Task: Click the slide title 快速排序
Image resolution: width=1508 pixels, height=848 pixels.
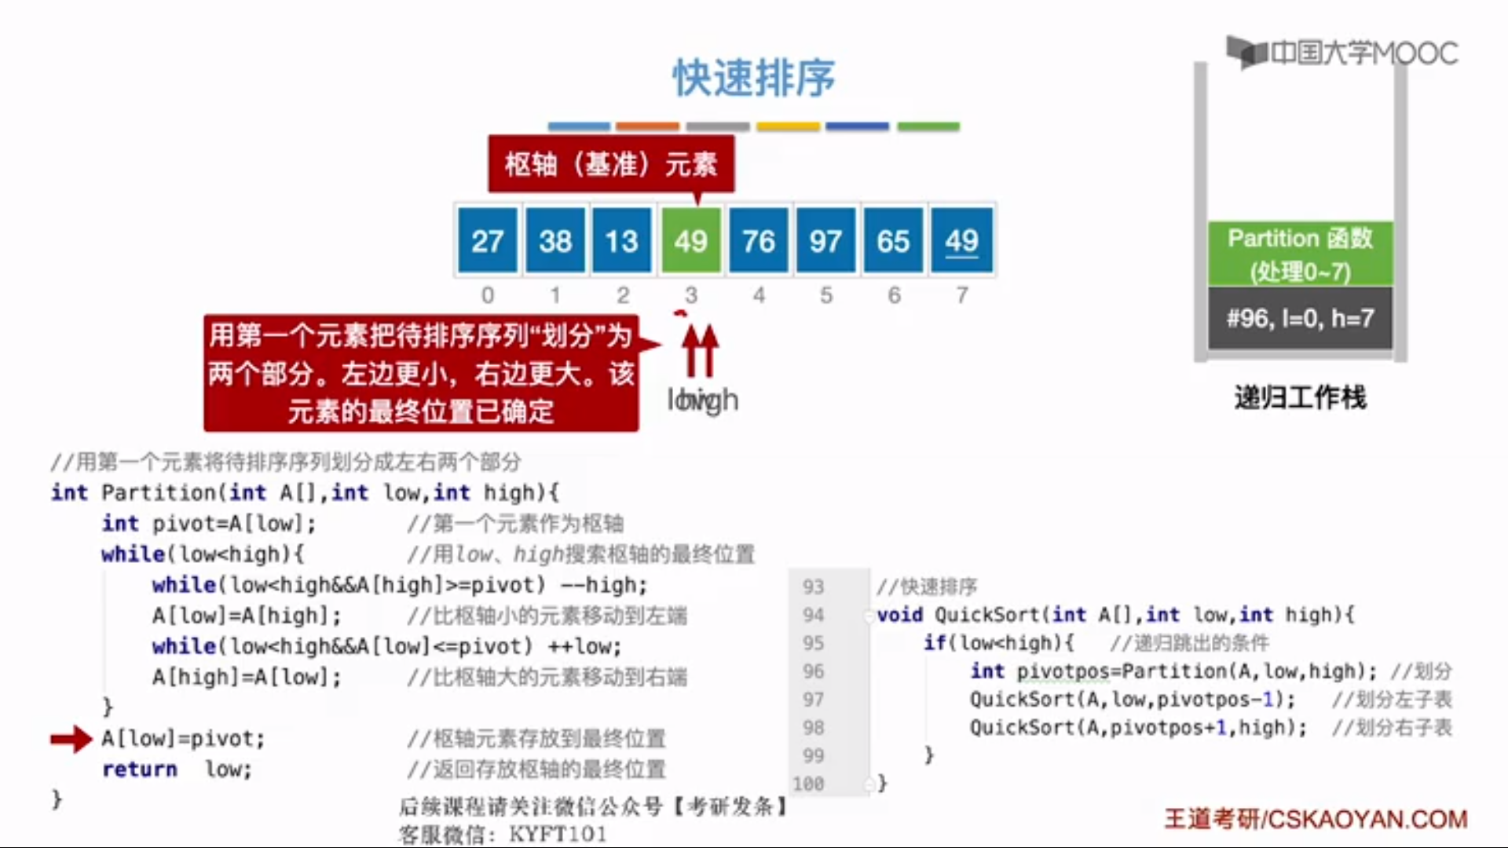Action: pyautogui.click(x=753, y=78)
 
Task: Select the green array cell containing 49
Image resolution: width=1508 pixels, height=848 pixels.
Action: pyautogui.click(x=690, y=240)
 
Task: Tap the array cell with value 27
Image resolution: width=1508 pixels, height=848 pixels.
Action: pyautogui.click(x=487, y=240)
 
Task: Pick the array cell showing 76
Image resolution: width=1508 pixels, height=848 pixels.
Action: pyautogui.click(x=759, y=240)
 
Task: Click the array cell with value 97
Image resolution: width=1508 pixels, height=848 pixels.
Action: pyautogui.click(x=825, y=240)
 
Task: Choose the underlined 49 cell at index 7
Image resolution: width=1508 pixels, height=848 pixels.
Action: pyautogui.click(x=961, y=240)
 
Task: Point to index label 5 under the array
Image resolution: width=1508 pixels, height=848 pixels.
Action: pyautogui.click(x=826, y=295)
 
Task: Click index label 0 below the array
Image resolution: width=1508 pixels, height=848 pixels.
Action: pyautogui.click(x=488, y=295)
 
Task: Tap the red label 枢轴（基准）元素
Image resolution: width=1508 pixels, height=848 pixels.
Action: pyautogui.click(x=611, y=164)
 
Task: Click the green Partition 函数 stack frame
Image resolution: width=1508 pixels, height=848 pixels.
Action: pyautogui.click(x=1300, y=254)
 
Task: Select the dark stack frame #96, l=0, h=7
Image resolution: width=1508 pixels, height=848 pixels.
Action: pyautogui.click(x=1300, y=318)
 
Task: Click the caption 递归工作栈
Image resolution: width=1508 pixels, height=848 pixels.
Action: pyautogui.click(x=1300, y=397)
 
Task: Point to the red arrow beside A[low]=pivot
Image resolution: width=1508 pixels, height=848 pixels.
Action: pyautogui.click(x=71, y=739)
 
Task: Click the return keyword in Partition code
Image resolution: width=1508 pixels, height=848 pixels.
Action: pyautogui.click(x=139, y=769)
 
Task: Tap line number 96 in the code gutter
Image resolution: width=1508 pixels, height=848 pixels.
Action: pyautogui.click(x=814, y=671)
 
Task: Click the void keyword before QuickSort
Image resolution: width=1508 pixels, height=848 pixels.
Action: pyautogui.click(x=899, y=615)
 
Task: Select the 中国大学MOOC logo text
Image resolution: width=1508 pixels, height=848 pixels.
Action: pyautogui.click(x=1363, y=53)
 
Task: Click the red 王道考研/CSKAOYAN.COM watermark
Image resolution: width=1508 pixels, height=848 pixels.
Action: pyautogui.click(x=1316, y=819)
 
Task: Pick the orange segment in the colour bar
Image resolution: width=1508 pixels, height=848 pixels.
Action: pyautogui.click(x=647, y=126)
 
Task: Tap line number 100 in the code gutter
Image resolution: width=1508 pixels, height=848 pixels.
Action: pyautogui.click(x=808, y=784)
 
